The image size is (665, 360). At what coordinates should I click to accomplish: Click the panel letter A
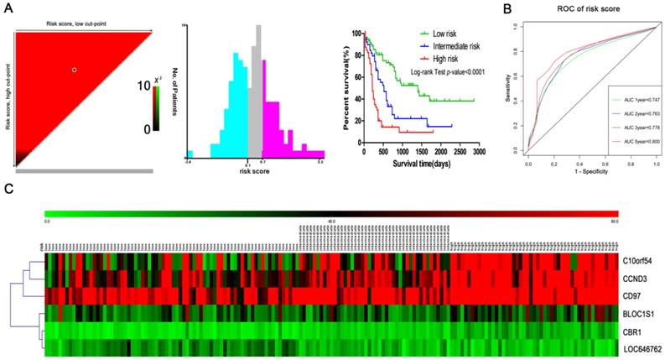pos(8,8)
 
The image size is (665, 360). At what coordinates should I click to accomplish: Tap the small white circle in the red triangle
pos(75,70)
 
